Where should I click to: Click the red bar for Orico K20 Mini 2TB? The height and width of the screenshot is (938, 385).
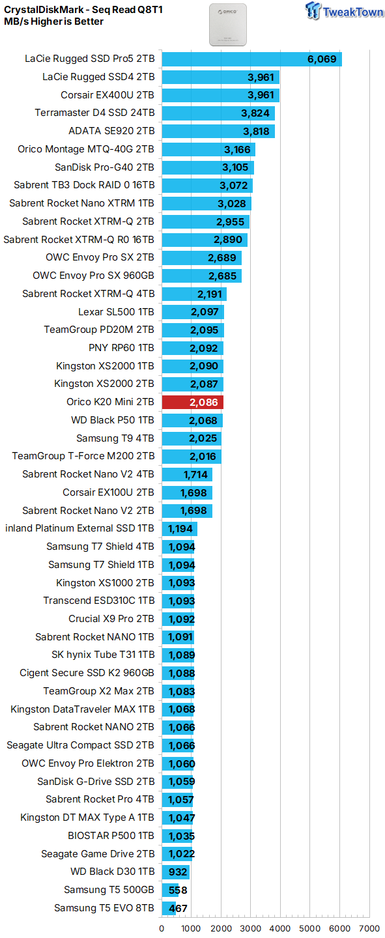[193, 402]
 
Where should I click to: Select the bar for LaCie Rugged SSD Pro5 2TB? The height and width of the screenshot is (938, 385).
[251, 59]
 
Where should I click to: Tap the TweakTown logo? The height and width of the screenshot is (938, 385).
[344, 11]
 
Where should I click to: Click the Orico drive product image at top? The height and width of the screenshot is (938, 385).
[228, 25]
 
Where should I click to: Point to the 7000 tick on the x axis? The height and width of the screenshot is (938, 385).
[369, 928]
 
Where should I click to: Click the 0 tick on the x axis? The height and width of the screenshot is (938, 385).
[162, 928]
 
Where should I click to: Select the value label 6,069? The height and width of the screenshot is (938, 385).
[322, 59]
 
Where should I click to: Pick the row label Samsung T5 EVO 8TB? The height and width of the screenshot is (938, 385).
[104, 907]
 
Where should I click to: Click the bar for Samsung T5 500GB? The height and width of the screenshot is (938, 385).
[170, 890]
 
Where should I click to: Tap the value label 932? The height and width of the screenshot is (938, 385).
[178, 872]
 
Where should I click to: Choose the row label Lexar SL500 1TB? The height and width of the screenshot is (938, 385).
[116, 312]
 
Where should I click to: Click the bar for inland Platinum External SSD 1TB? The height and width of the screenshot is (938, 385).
[180, 528]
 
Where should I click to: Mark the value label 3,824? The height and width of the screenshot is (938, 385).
[255, 113]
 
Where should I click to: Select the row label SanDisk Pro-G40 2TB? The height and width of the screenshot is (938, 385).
[104, 167]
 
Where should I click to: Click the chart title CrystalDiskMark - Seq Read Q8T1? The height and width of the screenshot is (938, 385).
[83, 10]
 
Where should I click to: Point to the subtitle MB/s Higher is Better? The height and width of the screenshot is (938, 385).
[53, 21]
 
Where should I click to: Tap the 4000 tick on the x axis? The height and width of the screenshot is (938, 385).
[280, 928]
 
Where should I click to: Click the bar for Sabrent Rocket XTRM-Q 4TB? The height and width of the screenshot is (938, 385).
[194, 294]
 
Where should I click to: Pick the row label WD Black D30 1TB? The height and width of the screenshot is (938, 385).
[112, 872]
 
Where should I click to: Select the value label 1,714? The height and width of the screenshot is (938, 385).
[195, 474]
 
